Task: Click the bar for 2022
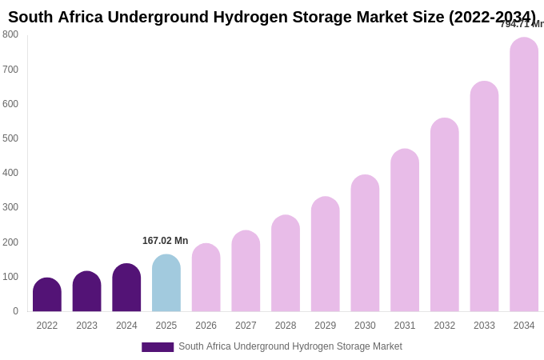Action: pos(47,295)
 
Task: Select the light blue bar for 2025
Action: pos(166,283)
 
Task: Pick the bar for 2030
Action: pos(365,243)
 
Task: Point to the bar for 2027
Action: pos(246,271)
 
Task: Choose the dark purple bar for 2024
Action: pos(126,288)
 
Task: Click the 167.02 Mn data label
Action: pos(165,241)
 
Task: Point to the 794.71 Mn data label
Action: pos(521,24)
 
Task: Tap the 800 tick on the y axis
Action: pos(10,34)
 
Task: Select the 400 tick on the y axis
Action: pos(10,173)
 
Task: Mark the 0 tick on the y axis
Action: pos(15,311)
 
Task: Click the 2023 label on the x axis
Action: pos(86,326)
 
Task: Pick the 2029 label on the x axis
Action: pos(325,326)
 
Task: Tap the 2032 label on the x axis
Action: pos(444,326)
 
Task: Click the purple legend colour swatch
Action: pos(158,347)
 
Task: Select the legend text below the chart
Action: pos(290,346)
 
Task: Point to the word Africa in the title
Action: pos(80,17)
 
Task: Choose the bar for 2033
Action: pos(484,197)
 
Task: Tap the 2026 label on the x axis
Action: pos(206,326)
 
